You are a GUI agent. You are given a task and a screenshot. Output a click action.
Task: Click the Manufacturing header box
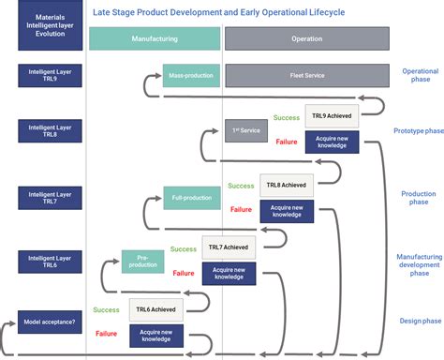click(x=155, y=38)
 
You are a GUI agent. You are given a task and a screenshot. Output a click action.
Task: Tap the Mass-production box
click(x=191, y=75)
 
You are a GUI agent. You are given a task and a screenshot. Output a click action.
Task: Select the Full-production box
click(x=192, y=199)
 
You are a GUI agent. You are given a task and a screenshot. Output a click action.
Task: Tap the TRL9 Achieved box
click(x=332, y=117)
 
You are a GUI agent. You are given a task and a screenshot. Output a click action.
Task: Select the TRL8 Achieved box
click(x=286, y=186)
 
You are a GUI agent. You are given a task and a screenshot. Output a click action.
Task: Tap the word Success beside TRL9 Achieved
click(x=287, y=118)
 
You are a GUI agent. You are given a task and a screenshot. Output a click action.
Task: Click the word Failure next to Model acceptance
click(x=106, y=333)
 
